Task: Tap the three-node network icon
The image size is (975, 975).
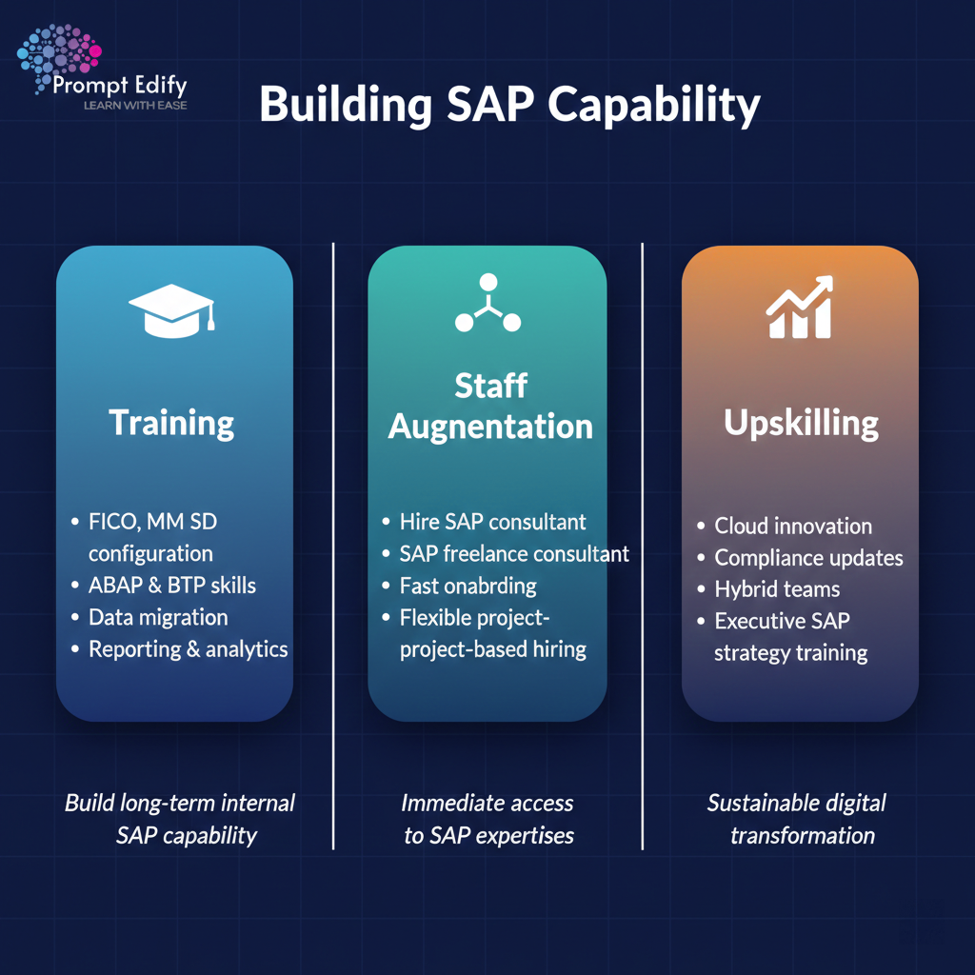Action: (x=487, y=305)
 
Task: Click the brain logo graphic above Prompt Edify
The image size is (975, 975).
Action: (x=59, y=57)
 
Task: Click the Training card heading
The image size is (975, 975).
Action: (x=171, y=422)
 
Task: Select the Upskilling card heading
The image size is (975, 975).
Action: (x=801, y=423)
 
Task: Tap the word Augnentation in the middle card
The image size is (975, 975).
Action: (x=490, y=427)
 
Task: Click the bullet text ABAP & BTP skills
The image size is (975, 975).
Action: (x=171, y=585)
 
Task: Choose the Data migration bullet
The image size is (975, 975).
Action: (x=158, y=617)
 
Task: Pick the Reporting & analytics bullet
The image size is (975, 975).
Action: (x=188, y=649)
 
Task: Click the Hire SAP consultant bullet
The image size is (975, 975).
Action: (x=492, y=522)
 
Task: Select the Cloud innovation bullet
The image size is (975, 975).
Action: (x=793, y=526)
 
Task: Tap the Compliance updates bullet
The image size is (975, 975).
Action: (x=808, y=558)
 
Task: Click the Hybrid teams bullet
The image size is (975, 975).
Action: (x=777, y=589)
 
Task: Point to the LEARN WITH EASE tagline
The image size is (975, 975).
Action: (x=135, y=106)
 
